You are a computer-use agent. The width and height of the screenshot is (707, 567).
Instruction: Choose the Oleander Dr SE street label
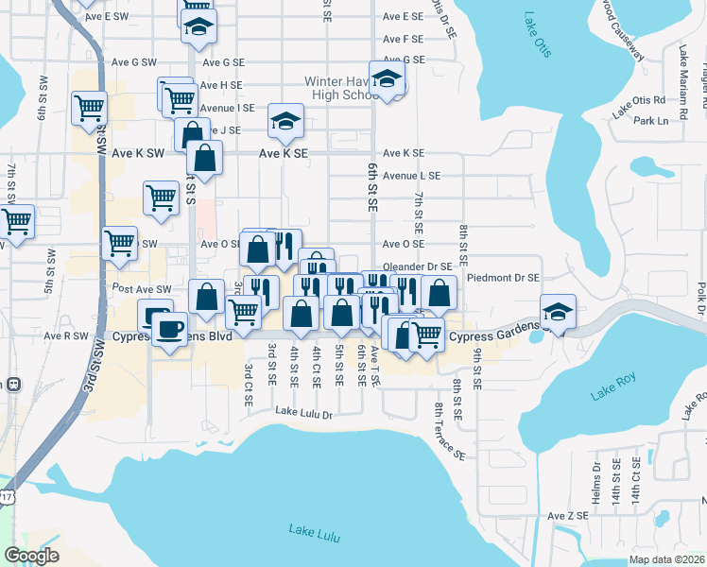(417, 267)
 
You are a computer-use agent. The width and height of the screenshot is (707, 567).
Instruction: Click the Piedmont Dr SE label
(503, 278)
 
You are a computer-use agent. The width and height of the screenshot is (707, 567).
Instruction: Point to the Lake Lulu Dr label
(304, 414)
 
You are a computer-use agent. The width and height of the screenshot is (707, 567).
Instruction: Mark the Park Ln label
(650, 121)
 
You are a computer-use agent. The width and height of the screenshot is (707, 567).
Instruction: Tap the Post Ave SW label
(142, 287)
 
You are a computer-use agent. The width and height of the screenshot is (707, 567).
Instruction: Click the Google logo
(31, 556)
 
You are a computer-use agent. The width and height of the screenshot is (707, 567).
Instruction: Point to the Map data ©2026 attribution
(666, 559)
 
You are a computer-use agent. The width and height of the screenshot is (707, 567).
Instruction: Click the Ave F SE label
(403, 39)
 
